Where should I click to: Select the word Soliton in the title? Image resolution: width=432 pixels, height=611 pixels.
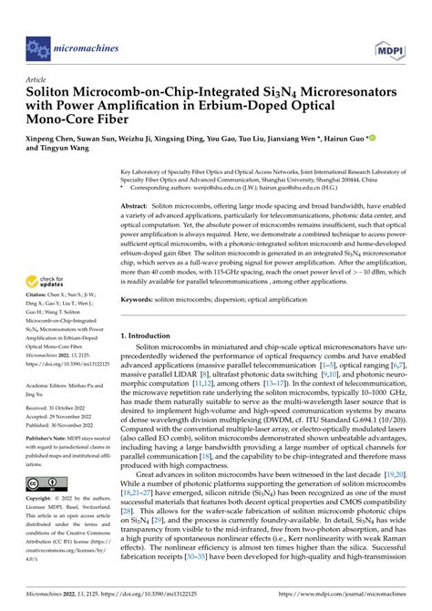(56, 94)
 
